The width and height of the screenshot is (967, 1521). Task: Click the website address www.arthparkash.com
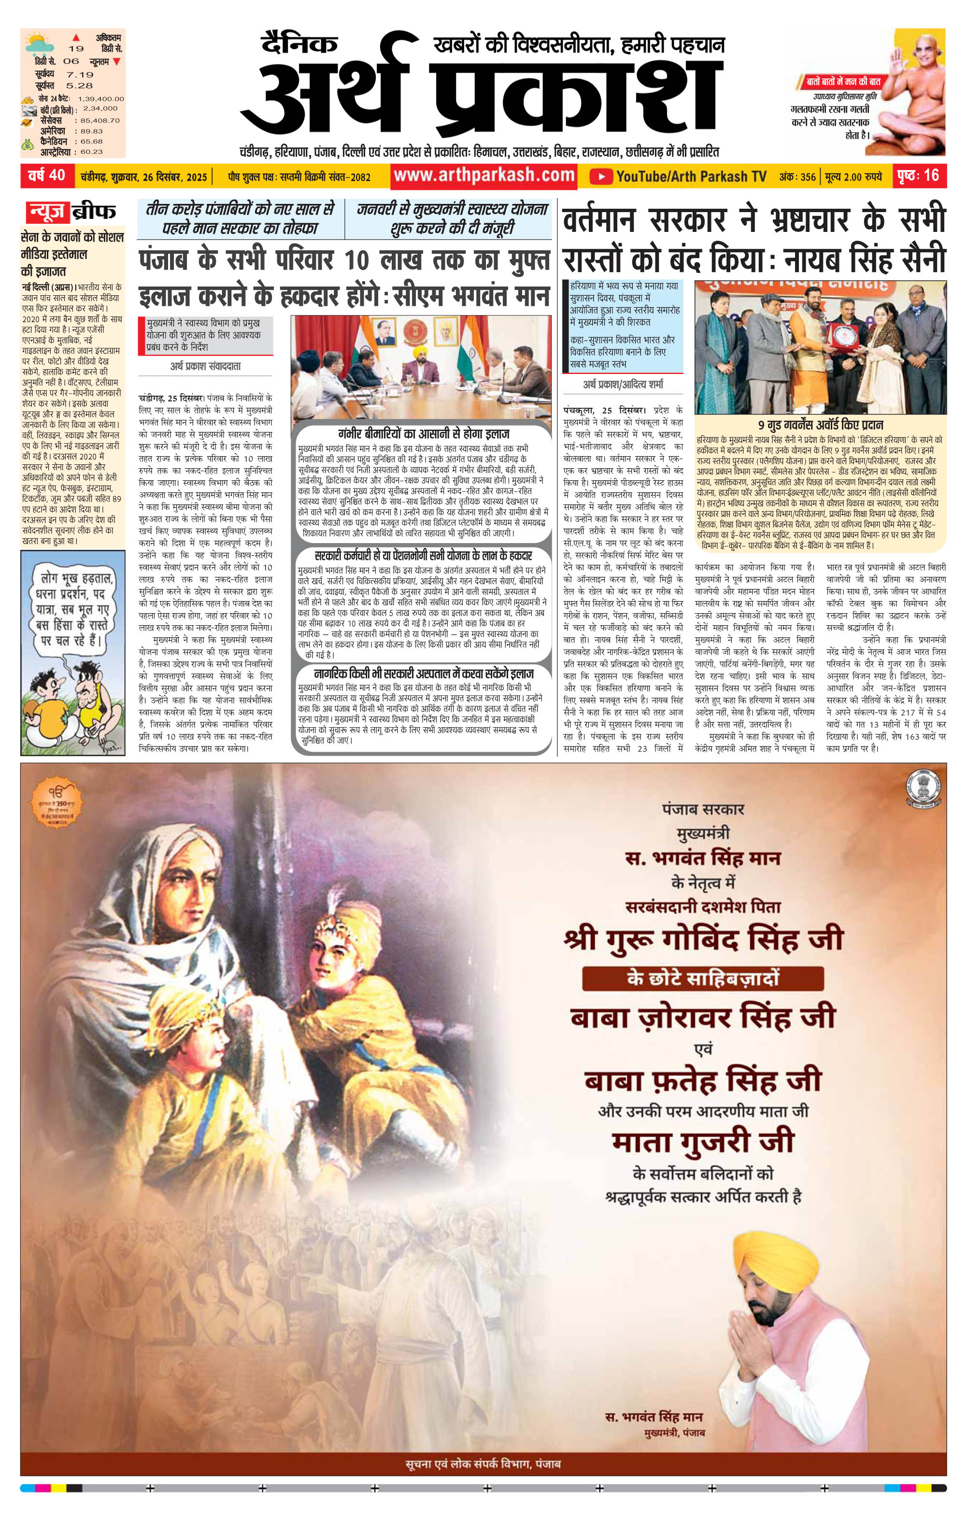484,175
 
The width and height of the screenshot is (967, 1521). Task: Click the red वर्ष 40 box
47,175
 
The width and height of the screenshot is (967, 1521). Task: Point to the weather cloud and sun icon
39,43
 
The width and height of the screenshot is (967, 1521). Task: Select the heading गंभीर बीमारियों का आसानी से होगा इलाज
423,433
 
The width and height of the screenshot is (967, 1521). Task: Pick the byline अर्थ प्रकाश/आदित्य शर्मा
623,384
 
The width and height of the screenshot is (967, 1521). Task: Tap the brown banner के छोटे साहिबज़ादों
702,978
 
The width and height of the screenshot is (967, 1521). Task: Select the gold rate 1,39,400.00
101,99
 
